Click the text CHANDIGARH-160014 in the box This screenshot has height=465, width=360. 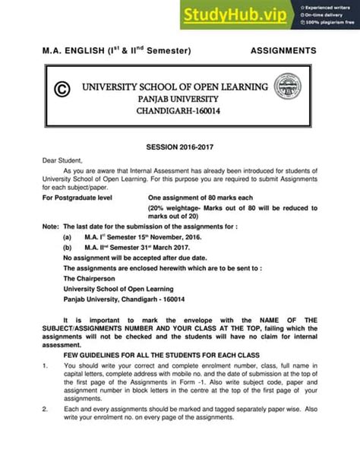click(177, 112)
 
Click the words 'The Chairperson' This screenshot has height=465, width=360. click(90, 279)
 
